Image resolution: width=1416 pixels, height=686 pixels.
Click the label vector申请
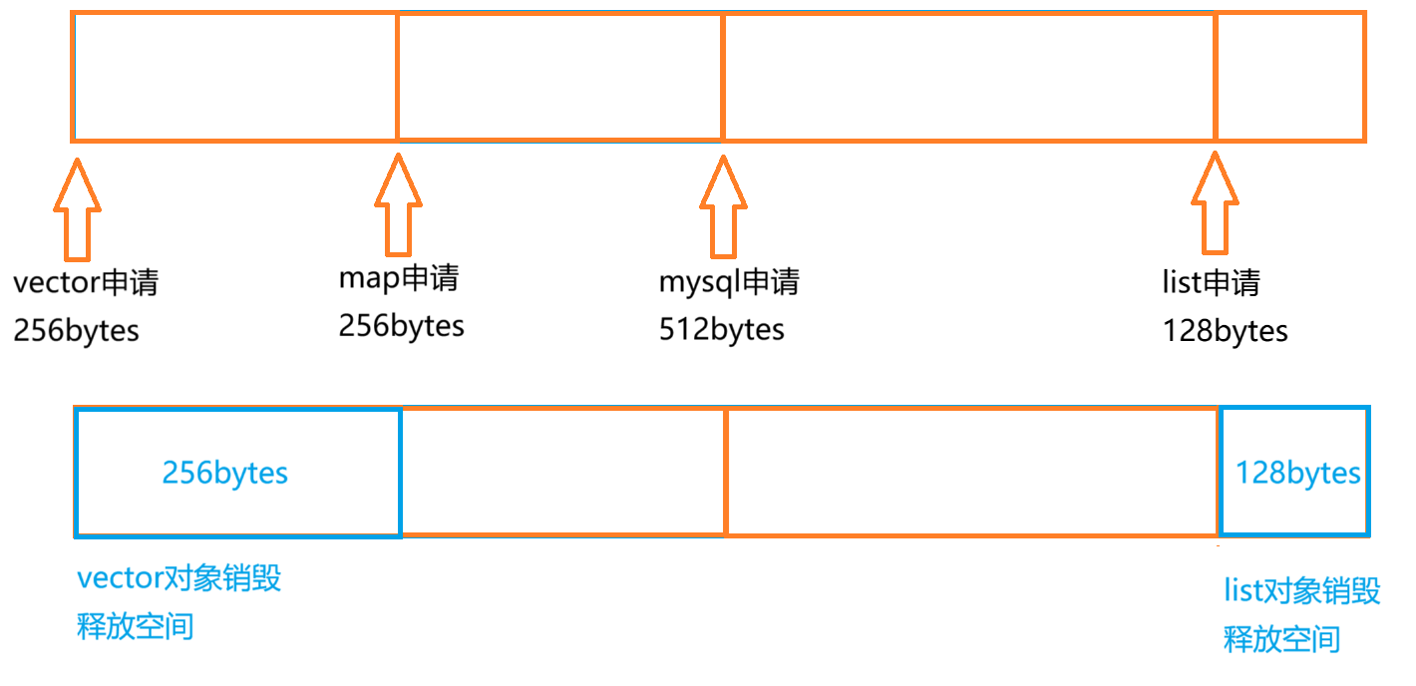(86, 283)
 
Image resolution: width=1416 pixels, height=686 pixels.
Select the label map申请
(399, 278)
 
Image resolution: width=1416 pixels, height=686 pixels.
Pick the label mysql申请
(729, 282)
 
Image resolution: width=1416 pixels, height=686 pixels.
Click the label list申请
(1211, 283)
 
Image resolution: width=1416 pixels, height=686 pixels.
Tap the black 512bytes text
(721, 329)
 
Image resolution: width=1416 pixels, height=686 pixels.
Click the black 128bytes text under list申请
(1225, 331)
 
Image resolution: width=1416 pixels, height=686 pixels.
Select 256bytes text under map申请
(401, 326)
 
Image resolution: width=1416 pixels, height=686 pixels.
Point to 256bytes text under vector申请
(76, 331)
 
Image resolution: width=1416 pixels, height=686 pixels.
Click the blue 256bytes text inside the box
(224, 472)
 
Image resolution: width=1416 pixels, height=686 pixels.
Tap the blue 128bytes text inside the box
(1297, 472)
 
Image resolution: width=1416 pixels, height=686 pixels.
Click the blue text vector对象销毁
(178, 578)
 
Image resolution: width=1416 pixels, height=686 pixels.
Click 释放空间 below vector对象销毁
(135, 627)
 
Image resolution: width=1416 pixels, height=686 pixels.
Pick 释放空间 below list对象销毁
(1281, 638)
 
